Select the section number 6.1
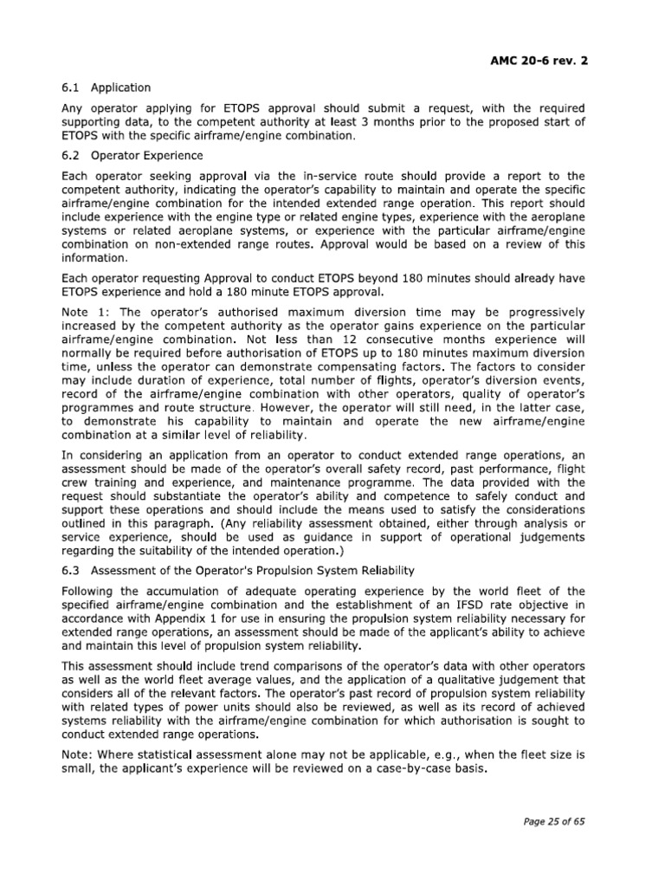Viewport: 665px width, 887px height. [70, 87]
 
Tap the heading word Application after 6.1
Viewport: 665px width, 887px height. [120, 87]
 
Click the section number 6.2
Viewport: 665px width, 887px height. [70, 156]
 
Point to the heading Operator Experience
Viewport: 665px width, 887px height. [147, 156]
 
